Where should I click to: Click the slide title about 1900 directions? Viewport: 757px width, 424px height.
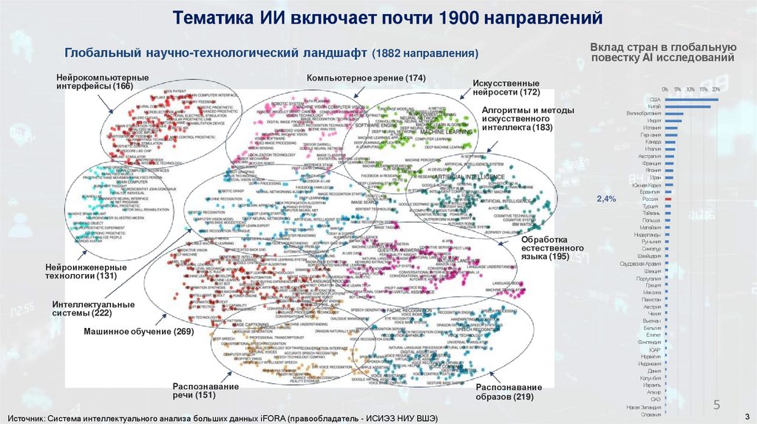click(378, 17)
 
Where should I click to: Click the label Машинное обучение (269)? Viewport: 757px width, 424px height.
click(138, 332)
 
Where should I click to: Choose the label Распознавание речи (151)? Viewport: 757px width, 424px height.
click(194, 391)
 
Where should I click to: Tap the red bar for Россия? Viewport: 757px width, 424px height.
click(668, 199)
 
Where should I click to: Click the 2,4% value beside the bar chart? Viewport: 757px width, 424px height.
click(605, 199)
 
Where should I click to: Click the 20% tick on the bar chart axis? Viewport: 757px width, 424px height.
click(715, 89)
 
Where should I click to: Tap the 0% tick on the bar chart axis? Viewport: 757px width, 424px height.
click(665, 89)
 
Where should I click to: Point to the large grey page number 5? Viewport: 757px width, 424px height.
click(716, 404)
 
